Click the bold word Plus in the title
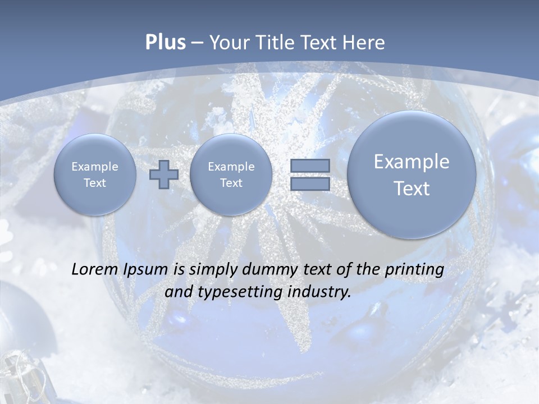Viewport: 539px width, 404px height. click(x=165, y=43)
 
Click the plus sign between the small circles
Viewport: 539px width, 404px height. click(x=164, y=174)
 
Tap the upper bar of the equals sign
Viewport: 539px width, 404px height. click(x=310, y=166)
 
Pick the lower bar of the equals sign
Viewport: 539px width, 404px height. click(x=310, y=183)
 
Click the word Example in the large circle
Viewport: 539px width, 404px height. click(x=412, y=162)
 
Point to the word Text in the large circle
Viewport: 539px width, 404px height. click(x=412, y=189)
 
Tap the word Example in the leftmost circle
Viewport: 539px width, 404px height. click(x=95, y=167)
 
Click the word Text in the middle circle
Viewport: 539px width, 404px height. click(x=231, y=183)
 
